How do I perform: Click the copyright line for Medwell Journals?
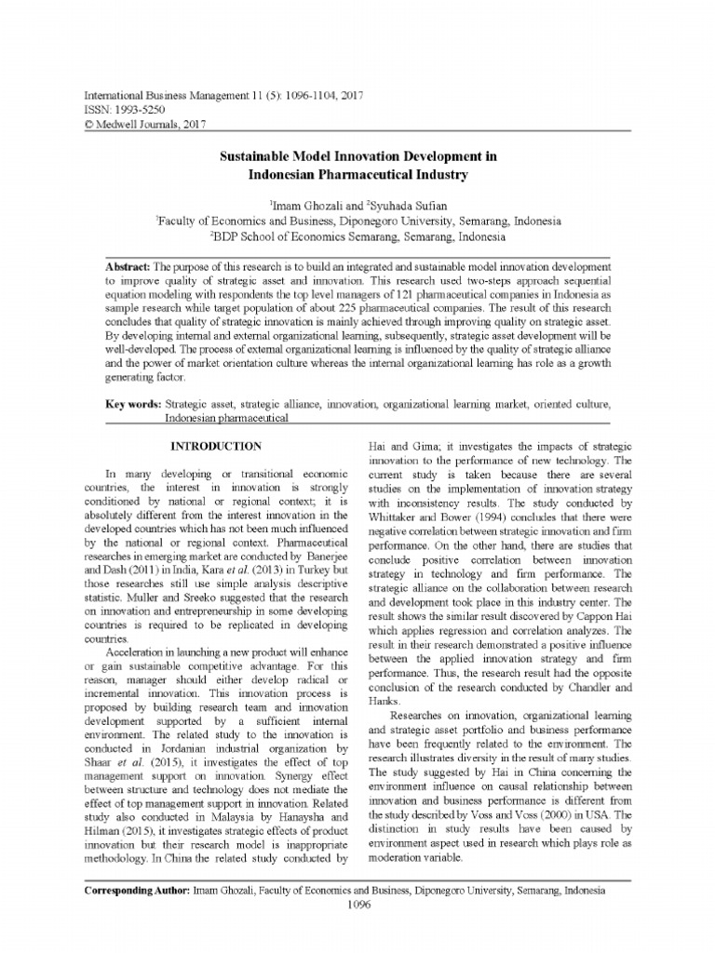(x=145, y=123)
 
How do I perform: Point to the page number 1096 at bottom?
(x=357, y=903)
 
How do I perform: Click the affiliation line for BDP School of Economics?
(x=358, y=236)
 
